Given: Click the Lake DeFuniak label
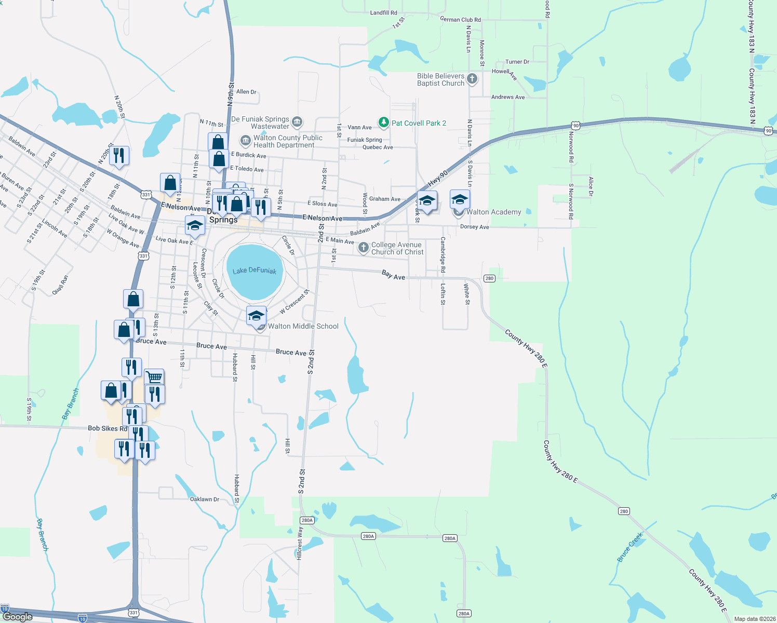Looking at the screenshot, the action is pos(254,270).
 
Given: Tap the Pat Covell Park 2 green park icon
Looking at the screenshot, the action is pos(383,123).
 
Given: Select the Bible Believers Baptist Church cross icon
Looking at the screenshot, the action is pos(472,79).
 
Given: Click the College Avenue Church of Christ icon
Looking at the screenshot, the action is pos(364,247).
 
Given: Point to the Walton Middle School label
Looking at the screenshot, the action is pos(303,327).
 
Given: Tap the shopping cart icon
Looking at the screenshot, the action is pos(154,376).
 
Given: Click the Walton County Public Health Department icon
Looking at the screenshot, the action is pos(245,141).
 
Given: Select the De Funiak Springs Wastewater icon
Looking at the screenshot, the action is pos(297,122).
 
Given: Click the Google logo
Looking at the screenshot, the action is pos(17,616).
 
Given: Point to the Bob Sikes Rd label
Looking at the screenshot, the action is pos(108,428).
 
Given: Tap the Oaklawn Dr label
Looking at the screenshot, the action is pos(205,499).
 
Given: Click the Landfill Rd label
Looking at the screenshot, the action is pos(383,12).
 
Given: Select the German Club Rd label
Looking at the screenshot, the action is pos(460,20).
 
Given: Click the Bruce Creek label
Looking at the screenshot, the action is pos(630,547).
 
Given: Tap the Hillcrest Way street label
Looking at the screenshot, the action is pos(300,543).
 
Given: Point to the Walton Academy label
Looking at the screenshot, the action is pos(493,212).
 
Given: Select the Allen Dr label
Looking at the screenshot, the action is pos(246,92).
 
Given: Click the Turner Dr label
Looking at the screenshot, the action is pos(517,62).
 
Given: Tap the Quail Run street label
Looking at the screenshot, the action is pos(60,285).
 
